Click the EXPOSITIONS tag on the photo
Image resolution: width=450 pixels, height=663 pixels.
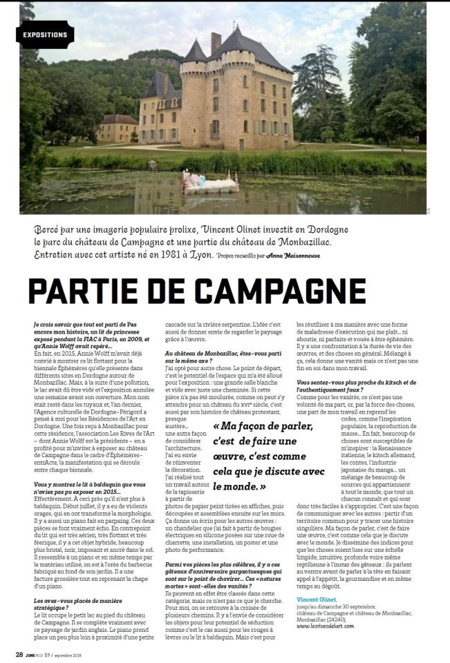pos(45,34)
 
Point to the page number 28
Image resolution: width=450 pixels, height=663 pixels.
pos(20,655)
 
